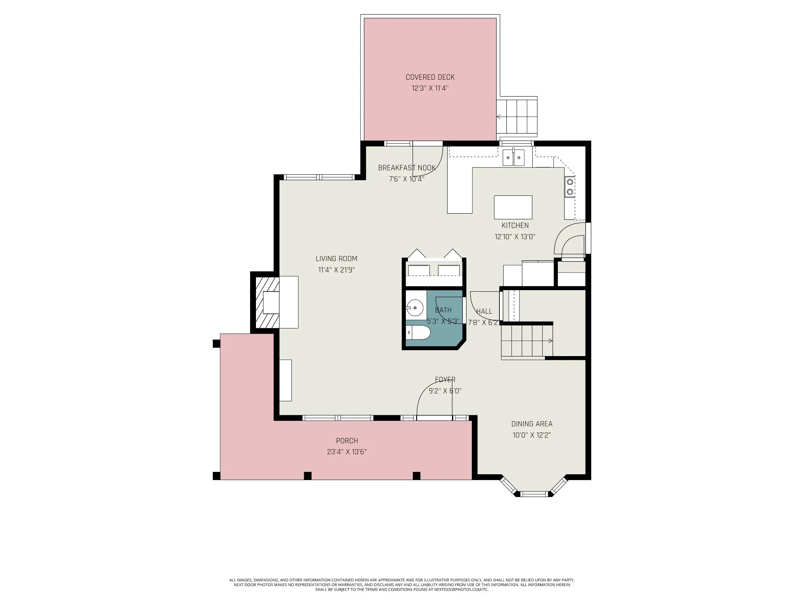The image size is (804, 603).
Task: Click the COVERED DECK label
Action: coord(430,77)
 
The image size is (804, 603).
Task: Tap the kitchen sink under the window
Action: coord(513,158)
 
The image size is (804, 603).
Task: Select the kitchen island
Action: coord(513,207)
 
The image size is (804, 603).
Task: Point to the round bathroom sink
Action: coord(414,308)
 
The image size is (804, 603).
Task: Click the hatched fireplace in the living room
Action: coord(267,302)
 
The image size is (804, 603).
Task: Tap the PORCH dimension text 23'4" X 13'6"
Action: coord(347,452)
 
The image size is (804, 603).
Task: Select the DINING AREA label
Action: coord(532,424)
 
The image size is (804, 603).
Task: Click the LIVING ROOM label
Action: coord(336,259)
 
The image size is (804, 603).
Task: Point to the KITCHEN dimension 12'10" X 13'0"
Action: coord(515,237)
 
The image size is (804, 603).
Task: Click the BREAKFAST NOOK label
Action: coord(407,168)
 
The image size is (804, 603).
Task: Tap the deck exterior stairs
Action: coord(517,117)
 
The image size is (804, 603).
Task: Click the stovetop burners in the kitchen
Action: coord(570,187)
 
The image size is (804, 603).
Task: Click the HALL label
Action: coord(484,311)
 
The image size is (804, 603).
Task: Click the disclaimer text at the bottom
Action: coord(402,596)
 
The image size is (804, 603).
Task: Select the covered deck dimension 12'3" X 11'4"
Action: coord(430,88)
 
